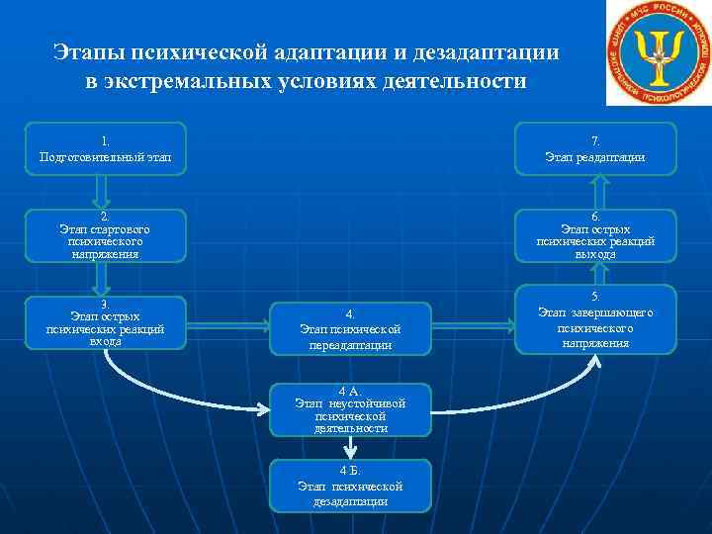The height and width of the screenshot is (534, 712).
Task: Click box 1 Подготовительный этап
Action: tap(105, 148)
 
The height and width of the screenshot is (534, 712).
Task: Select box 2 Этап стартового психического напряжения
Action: tap(105, 235)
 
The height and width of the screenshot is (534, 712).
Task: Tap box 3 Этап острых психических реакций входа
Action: tap(105, 322)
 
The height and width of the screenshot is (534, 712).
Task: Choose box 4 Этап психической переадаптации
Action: tap(351, 328)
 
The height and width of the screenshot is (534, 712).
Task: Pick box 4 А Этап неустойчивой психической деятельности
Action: tap(351, 408)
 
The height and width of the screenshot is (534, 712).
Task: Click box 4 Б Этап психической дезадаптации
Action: tap(351, 486)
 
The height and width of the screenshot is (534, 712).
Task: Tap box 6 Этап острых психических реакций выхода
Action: tap(595, 235)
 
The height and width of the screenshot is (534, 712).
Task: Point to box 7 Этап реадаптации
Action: tap(595, 148)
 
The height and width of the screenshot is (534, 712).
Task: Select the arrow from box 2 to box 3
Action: tap(105, 279)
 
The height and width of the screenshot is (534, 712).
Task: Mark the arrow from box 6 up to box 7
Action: tap(596, 192)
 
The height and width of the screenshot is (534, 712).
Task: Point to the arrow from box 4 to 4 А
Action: tap(351, 368)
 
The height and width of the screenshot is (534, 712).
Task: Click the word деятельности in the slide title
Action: tap(460, 80)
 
